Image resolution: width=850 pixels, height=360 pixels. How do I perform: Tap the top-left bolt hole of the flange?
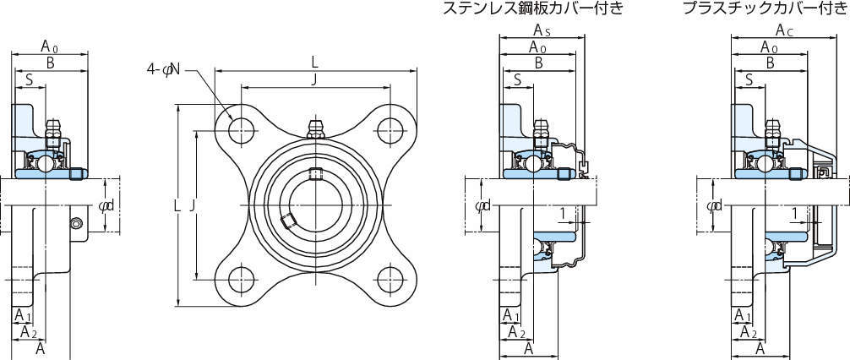pos(242,129)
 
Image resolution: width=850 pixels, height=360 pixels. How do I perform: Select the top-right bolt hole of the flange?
pos(390,129)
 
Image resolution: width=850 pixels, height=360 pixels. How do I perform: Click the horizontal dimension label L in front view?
pos(314,62)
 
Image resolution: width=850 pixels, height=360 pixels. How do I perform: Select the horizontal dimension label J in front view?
pos(314,80)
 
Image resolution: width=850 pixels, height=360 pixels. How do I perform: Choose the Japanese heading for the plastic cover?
pos(764,9)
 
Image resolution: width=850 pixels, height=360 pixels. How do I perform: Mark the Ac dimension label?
pos(773,32)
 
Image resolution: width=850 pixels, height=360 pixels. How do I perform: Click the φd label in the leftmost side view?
pos(106,205)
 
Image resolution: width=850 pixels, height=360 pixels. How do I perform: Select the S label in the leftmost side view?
pos(30,80)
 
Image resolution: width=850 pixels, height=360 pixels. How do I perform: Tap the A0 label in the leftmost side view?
pos(50,47)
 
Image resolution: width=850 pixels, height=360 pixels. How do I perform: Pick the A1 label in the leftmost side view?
pos(24,314)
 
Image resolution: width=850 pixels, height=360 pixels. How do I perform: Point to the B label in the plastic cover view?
pos(770,63)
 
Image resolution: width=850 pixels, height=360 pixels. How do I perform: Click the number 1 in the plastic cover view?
pos(795,211)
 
